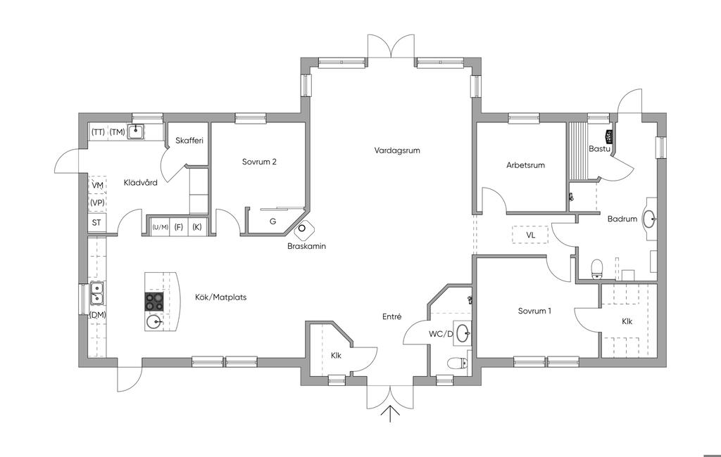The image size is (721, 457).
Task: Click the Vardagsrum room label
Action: pos(397,150)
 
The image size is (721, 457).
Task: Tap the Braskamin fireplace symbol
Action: pos(303,229)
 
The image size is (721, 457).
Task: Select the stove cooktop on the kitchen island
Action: pos(154,302)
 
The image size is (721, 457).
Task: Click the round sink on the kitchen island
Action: pos(154,323)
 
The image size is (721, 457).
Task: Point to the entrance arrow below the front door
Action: pos(390,413)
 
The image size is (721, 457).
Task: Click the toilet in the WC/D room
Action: pos(457,363)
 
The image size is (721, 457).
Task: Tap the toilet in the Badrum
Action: pos(597,269)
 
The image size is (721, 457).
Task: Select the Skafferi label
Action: pos(189,141)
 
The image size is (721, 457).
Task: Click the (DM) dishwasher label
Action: pos(97,315)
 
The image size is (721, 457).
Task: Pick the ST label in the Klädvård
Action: pos(96,223)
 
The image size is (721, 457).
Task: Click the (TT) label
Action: pos(97,132)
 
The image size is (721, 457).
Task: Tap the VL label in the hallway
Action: pos(531,235)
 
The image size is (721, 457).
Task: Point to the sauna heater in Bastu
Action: pos(608,136)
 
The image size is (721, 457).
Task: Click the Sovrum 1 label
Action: pos(534,311)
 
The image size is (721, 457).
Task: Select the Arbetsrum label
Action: pos(525,165)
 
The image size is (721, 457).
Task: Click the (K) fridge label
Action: pos(197,227)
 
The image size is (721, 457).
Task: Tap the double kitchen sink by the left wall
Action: pos(97,293)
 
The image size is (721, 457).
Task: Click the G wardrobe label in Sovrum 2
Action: pos(272,221)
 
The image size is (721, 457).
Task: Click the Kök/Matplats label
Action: pos(220,297)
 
